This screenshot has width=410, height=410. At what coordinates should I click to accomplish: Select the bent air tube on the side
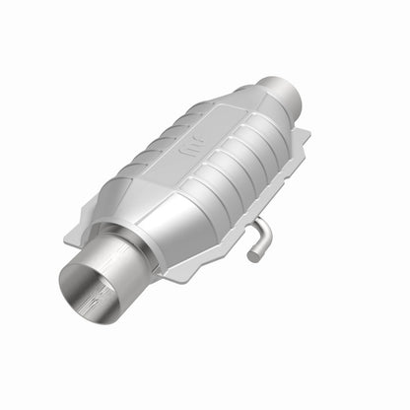258,237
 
